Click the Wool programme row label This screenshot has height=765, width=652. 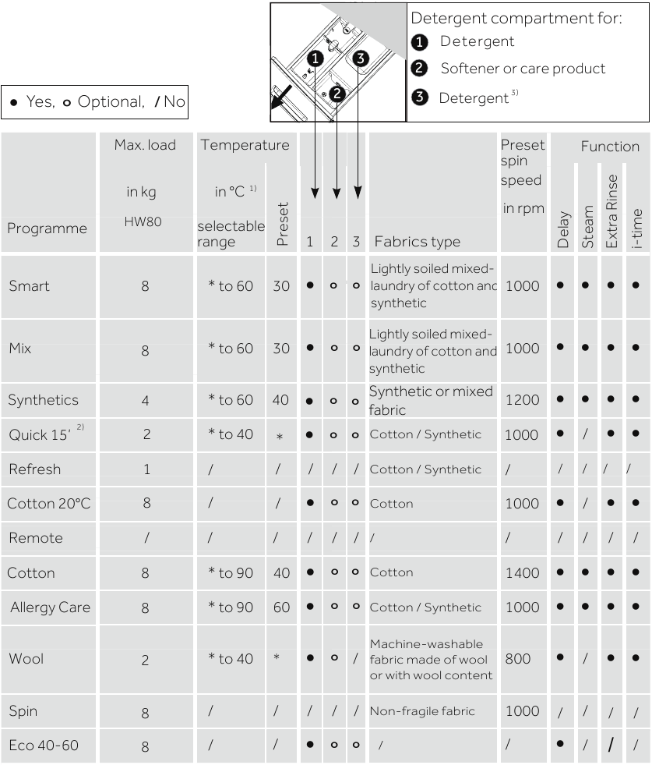click(26, 659)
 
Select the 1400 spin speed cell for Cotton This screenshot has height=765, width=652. click(521, 573)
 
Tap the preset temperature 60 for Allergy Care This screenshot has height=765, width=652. click(281, 607)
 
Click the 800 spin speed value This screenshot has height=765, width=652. click(517, 659)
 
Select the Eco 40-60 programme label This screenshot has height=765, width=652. click(43, 746)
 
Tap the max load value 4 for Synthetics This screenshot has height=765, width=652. click(146, 401)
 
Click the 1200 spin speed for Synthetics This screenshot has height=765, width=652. click(521, 401)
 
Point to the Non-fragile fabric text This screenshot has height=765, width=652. click(421, 711)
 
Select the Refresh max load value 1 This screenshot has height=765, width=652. click(146, 469)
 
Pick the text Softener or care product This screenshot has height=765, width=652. click(523, 69)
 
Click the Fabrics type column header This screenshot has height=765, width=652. click(417, 241)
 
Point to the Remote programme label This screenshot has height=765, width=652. click(35, 538)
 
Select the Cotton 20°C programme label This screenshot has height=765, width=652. click(48, 504)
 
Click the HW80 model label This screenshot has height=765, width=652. click(146, 221)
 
